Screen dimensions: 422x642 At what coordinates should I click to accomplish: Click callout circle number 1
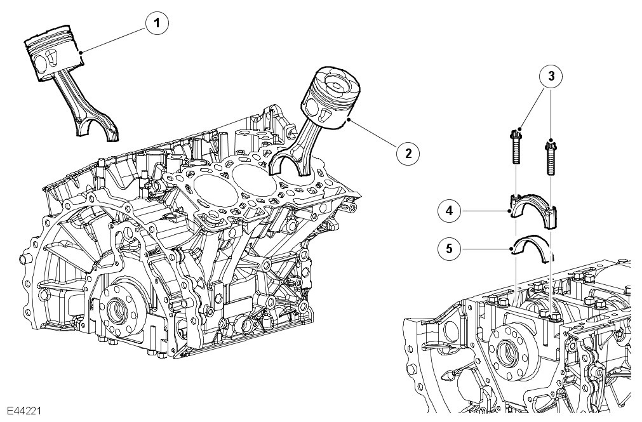[156, 24]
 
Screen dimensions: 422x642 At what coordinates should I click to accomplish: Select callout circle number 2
[408, 152]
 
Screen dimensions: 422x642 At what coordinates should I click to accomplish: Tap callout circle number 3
[552, 76]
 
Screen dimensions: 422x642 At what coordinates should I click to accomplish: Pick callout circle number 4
[448, 211]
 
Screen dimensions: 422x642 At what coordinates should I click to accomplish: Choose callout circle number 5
[448, 249]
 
